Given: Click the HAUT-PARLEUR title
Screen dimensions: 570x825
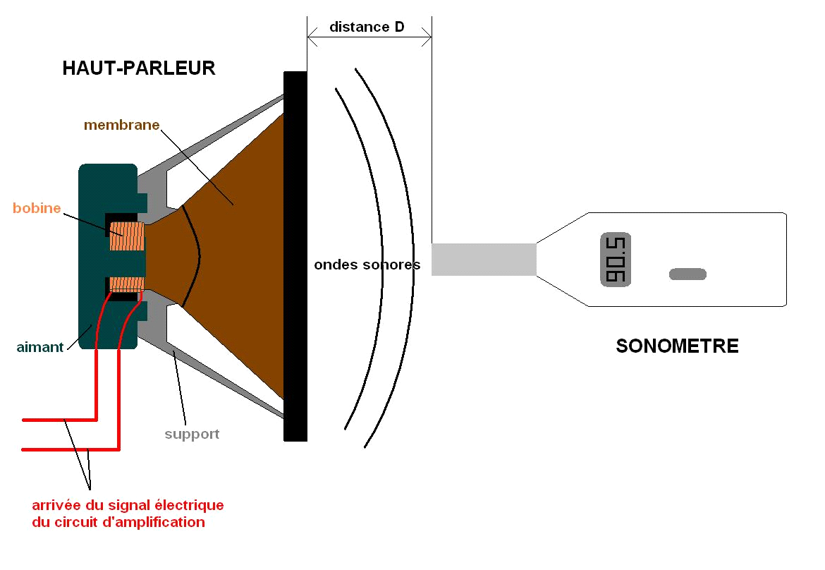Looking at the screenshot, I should [139, 68].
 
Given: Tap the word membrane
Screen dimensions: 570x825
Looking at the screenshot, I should [121, 126].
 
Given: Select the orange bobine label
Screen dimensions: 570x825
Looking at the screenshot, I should [36, 209].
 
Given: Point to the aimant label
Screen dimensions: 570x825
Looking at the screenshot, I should [40, 347].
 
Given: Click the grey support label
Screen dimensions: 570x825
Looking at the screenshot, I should [192, 435].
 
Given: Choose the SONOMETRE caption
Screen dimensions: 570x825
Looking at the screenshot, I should [677, 346].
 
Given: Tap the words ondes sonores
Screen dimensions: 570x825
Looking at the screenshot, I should [367, 265].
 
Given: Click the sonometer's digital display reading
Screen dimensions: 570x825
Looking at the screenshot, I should [616, 260].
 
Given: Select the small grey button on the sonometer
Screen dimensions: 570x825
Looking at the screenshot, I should [687, 274].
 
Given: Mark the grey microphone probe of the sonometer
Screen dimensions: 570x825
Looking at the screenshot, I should [484, 259].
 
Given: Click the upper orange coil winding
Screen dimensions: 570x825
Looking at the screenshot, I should [127, 237].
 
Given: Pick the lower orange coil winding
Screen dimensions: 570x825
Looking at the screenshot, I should [127, 284].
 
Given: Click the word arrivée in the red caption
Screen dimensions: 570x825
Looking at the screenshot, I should [58, 506].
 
